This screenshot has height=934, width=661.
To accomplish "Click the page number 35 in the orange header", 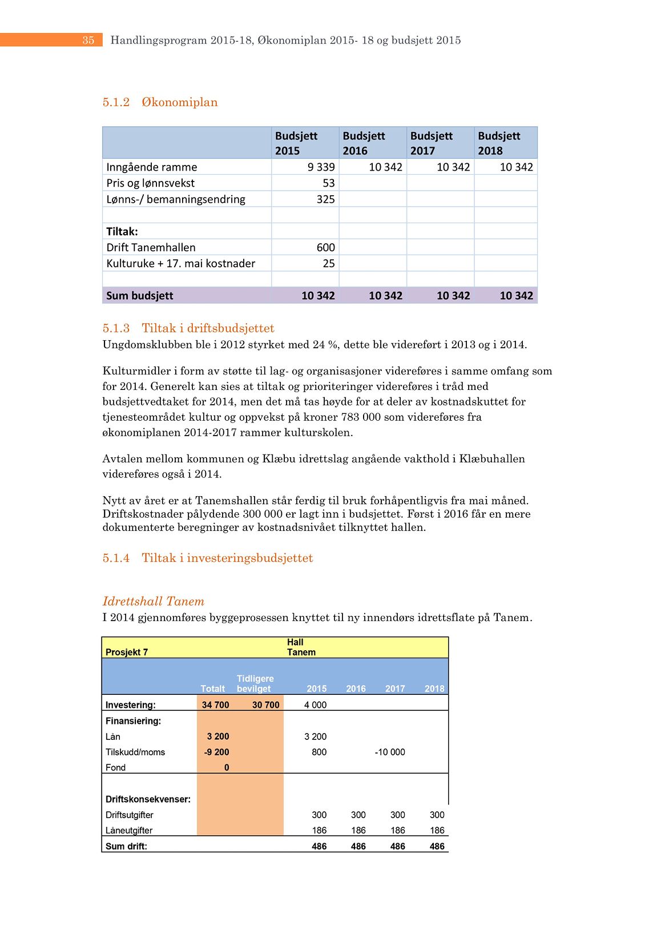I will point(88,40).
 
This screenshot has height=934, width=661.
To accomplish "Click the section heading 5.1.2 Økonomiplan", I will point(160,102).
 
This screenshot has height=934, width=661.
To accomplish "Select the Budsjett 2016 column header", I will point(364,143).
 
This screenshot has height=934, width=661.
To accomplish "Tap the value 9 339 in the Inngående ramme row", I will point(321,167).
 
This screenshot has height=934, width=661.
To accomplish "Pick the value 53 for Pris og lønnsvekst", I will point(328,183).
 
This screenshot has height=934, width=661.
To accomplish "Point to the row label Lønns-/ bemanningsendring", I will point(176,199).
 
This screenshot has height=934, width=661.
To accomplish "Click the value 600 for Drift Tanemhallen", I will point(325,247).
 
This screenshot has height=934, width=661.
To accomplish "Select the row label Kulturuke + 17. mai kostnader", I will point(180,263).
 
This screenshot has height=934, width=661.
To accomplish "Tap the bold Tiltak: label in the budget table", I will point(122,231).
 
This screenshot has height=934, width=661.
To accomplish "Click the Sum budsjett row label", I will point(140,295).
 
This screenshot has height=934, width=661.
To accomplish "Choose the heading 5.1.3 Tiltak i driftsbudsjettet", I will point(188,328).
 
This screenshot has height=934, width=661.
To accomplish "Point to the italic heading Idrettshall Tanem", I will point(153,601).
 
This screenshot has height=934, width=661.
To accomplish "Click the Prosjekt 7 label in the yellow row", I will point(127,652).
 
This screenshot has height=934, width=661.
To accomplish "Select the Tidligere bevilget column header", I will point(255,683).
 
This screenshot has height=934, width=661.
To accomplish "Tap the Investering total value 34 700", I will point(215,705).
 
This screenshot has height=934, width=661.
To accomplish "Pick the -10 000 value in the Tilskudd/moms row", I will point(390,752).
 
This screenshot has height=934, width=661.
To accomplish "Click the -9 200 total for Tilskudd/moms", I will point(216,752).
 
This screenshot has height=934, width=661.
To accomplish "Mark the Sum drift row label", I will point(126,846).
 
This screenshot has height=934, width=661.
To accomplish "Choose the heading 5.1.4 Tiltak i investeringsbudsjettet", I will point(208,558).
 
